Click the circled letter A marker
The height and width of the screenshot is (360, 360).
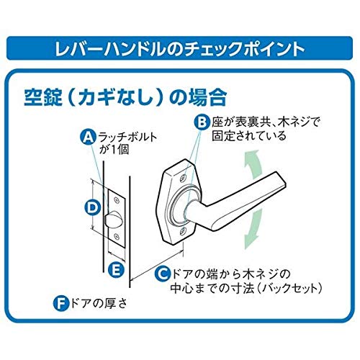click(x=89, y=138)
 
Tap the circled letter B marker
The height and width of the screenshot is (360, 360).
click(x=202, y=122)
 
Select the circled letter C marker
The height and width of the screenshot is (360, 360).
click(x=163, y=274)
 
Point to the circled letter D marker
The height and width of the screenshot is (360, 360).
click(x=93, y=207)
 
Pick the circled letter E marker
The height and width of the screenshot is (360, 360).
click(x=116, y=269)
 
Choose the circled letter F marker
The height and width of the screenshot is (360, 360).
click(x=61, y=304)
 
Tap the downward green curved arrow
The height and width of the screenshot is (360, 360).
click(x=253, y=229)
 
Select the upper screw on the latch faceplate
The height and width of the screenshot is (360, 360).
click(x=117, y=200)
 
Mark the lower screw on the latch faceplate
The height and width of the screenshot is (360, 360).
click(x=117, y=235)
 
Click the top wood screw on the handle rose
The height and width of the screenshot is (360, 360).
click(x=184, y=178)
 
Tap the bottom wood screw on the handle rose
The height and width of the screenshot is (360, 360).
click(x=184, y=231)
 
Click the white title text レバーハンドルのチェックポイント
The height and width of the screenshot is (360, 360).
click(x=179, y=49)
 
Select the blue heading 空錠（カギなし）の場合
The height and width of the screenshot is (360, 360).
click(x=125, y=98)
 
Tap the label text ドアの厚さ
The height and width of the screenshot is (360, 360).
click(x=98, y=304)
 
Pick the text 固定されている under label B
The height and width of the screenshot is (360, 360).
click(x=249, y=135)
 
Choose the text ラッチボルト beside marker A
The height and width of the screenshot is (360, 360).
click(x=127, y=138)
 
